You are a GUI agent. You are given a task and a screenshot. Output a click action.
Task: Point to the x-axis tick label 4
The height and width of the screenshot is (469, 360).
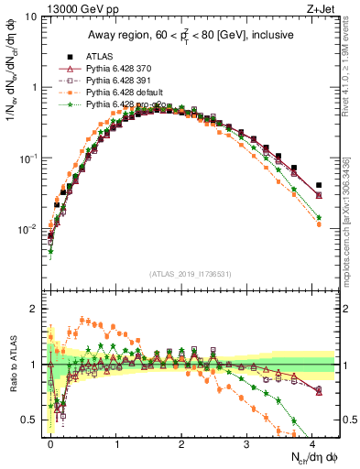click(x=313, y=444)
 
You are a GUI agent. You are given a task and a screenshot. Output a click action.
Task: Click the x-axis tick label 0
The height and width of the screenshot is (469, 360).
click(x=50, y=444)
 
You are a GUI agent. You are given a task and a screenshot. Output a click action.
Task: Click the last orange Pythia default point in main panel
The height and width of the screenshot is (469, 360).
click(x=318, y=224)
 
